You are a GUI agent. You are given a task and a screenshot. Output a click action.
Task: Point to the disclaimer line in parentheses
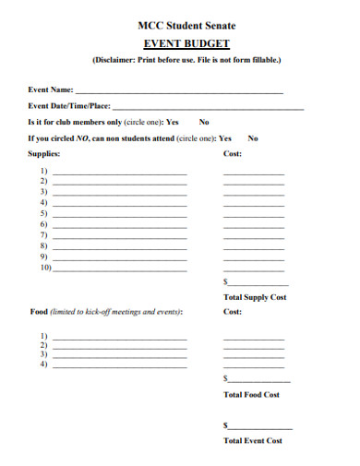[x=186, y=60]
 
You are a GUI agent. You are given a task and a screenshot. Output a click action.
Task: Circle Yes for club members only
[x=173, y=122]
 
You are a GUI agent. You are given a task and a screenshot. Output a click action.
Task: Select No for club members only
[x=204, y=122]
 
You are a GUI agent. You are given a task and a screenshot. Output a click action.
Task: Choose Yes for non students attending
[x=225, y=138]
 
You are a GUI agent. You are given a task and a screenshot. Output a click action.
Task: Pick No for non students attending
[x=253, y=138]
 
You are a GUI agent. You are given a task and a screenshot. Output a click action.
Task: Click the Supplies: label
[x=44, y=154]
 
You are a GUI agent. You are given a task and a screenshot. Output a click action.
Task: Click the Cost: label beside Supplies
[x=233, y=154]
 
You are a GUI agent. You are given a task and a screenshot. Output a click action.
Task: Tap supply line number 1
[x=120, y=173]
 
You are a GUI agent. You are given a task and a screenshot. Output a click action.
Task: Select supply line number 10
[x=120, y=270]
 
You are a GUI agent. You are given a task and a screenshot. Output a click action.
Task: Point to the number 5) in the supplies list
[x=43, y=213]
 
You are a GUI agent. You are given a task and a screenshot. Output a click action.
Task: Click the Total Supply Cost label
[x=255, y=297]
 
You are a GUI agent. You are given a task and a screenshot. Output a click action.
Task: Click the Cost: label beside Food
[x=233, y=312]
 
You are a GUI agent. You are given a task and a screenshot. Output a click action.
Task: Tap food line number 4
[x=120, y=366]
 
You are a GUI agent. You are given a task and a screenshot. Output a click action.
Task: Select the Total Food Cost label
[x=251, y=395]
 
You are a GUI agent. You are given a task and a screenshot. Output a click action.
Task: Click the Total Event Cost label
[x=253, y=441]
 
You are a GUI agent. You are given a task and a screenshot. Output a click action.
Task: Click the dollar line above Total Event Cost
[x=260, y=427]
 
